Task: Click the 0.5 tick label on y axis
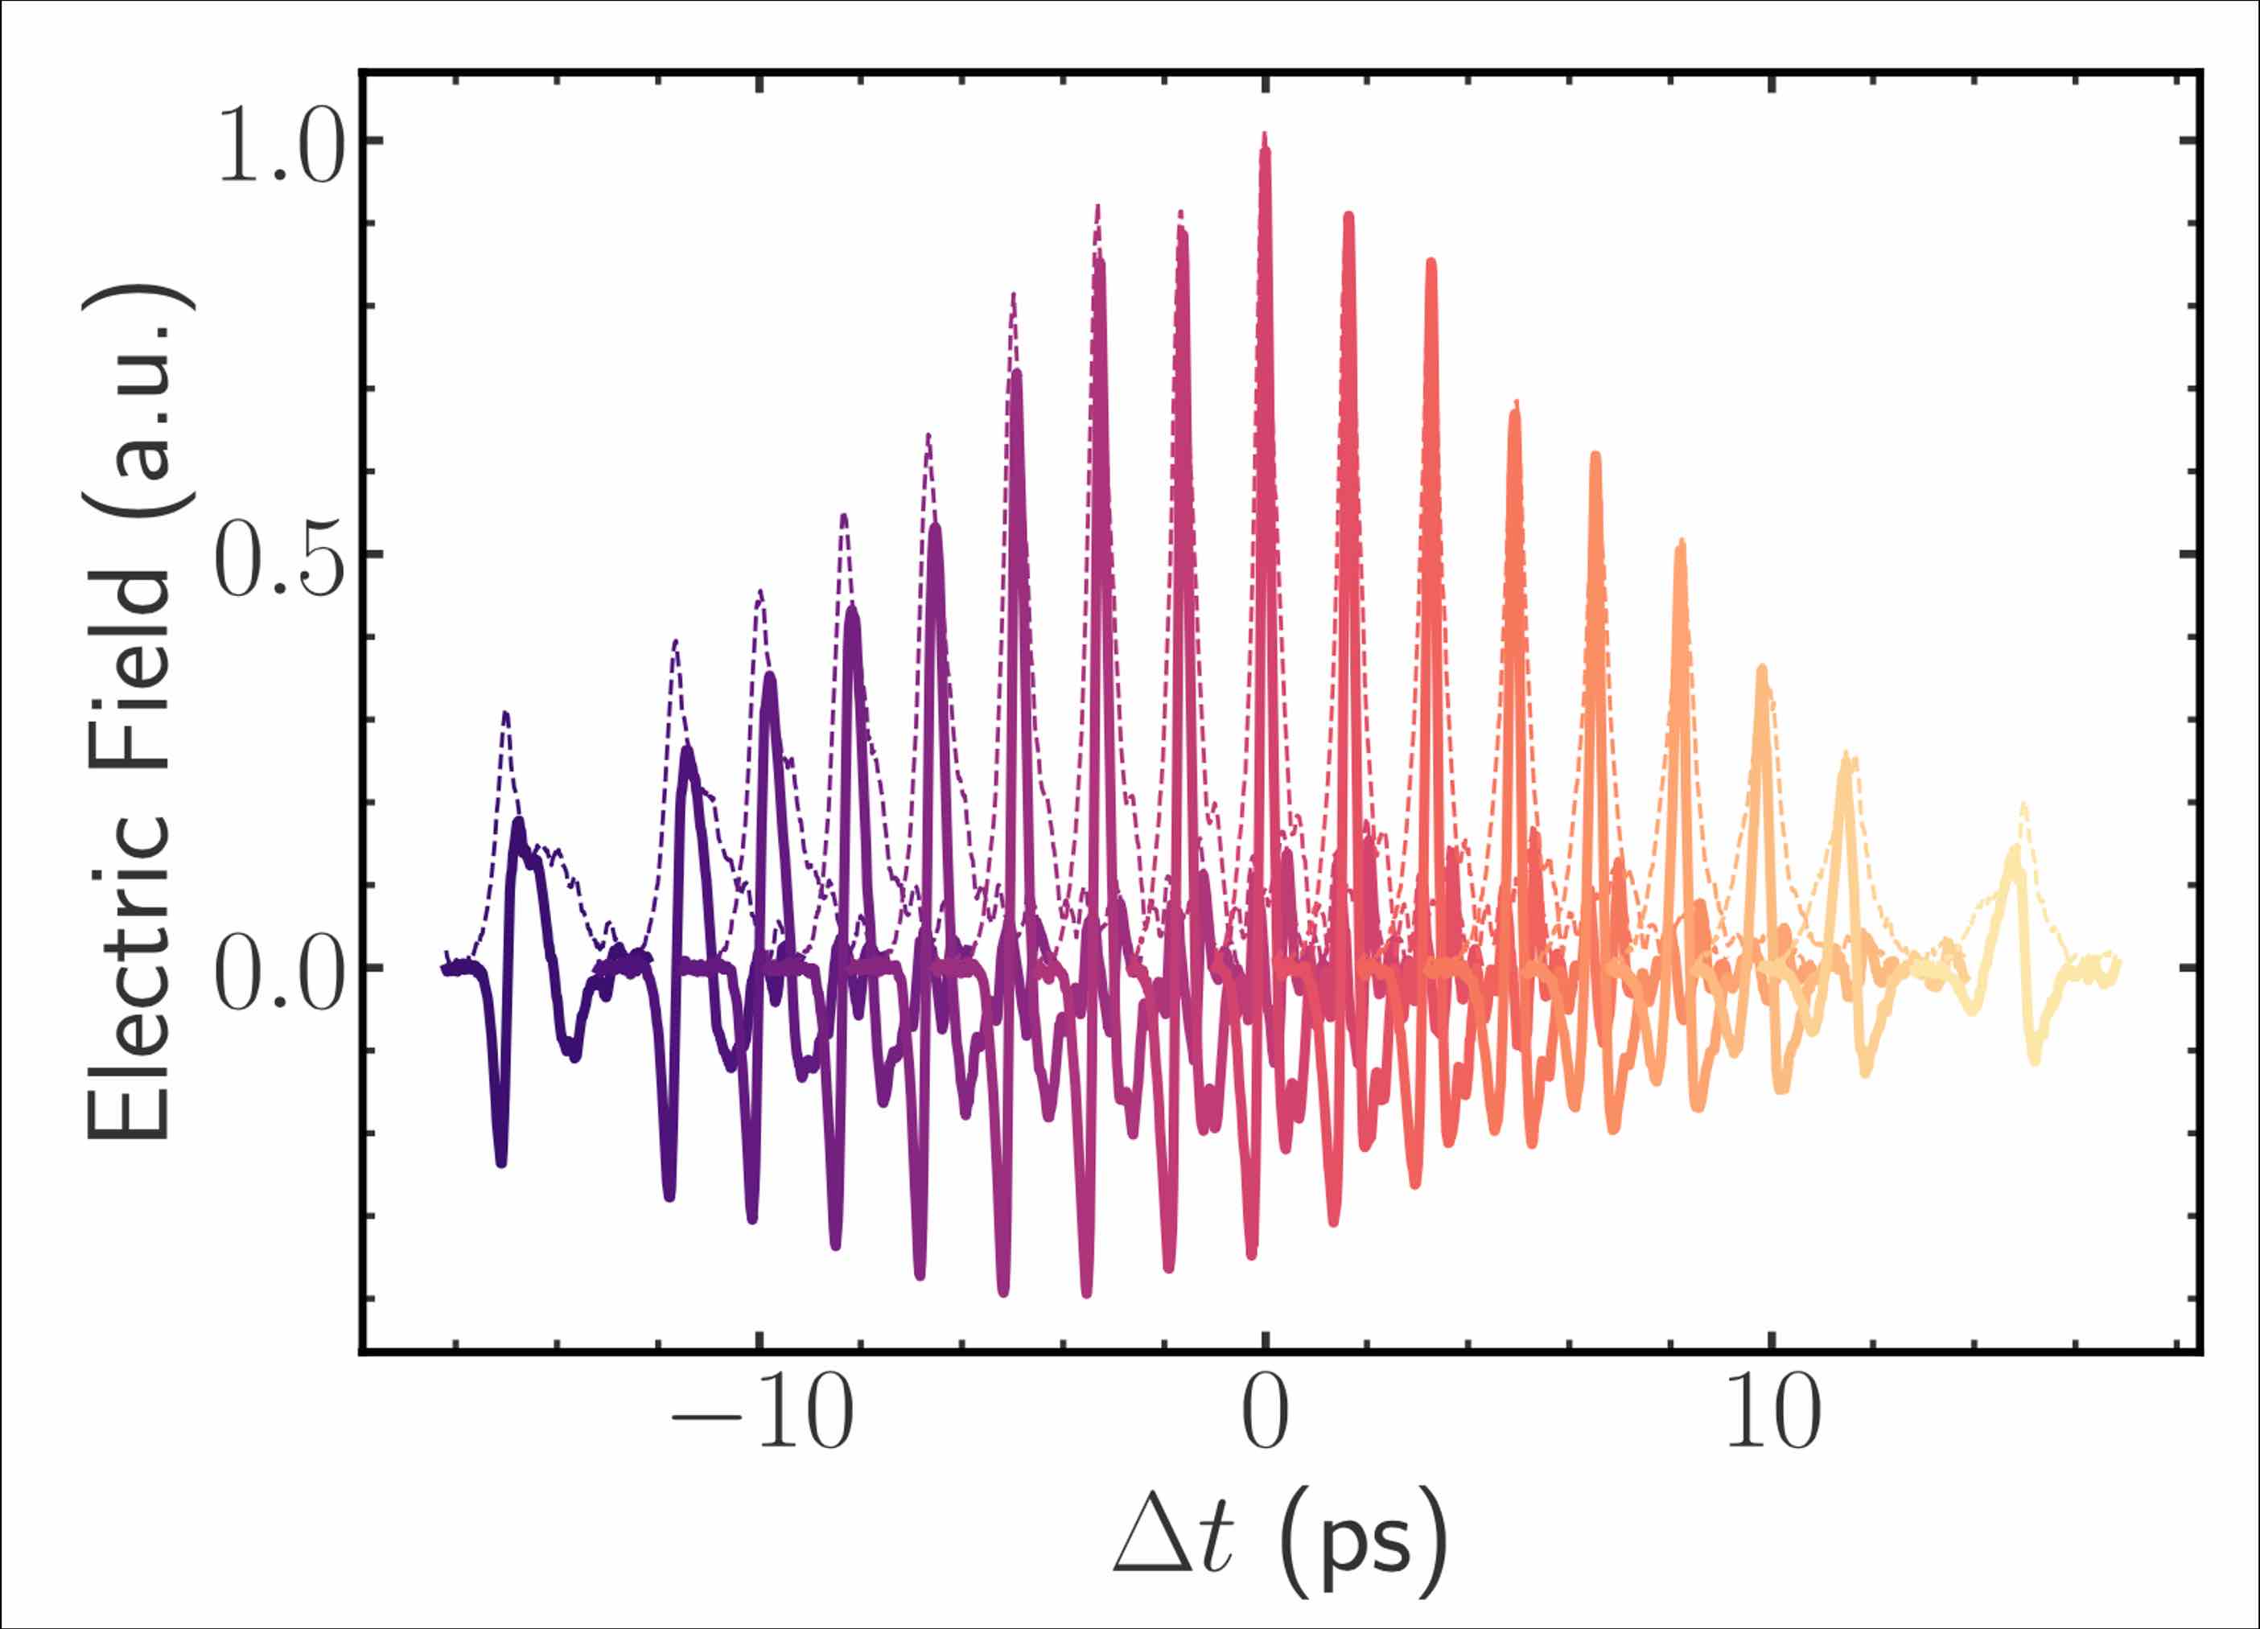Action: click(x=280, y=560)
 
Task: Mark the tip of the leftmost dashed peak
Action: click(x=506, y=714)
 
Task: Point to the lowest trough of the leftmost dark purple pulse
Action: click(x=501, y=1162)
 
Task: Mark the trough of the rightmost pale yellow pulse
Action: click(x=2034, y=1060)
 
